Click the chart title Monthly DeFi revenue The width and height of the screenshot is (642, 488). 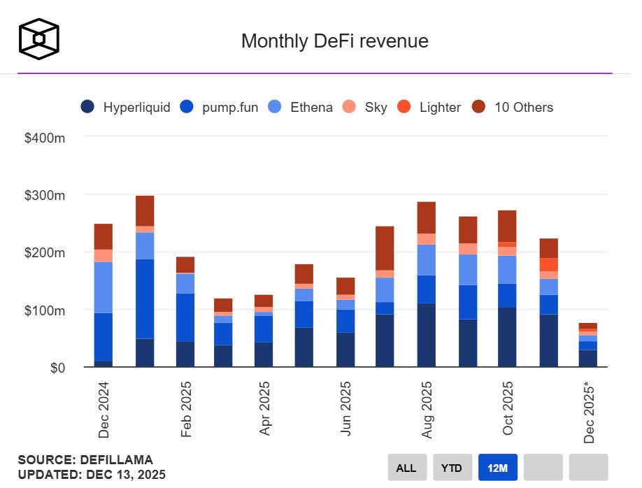pyautogui.click(x=334, y=41)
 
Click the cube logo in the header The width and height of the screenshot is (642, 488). pyautogui.click(x=39, y=38)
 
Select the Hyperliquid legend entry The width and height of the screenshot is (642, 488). pyautogui.click(x=126, y=107)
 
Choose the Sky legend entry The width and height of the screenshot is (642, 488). pyautogui.click(x=362, y=107)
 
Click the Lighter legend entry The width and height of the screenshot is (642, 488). pyautogui.click(x=429, y=107)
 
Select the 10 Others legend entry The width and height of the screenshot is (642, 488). pyautogui.click(x=513, y=107)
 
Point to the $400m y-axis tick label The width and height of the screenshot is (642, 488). pyautogui.click(x=45, y=138)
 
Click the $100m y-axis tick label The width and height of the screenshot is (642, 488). pyautogui.click(x=45, y=310)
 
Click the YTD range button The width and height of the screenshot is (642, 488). pyautogui.click(x=452, y=468)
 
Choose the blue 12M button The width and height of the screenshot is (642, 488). pyautogui.click(x=497, y=468)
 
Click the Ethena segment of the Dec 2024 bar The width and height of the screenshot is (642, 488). pyautogui.click(x=104, y=287)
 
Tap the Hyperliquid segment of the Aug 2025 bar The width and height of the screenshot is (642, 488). pyautogui.click(x=427, y=335)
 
